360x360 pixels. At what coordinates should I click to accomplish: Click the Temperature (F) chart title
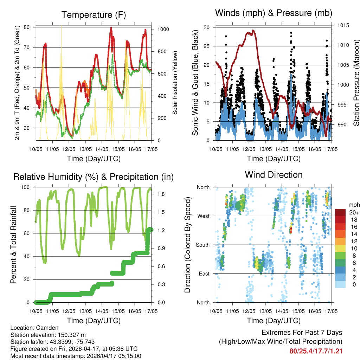coord(94,15)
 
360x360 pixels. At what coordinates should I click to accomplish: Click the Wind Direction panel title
coord(274,175)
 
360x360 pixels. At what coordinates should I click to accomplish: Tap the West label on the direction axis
coord(203,216)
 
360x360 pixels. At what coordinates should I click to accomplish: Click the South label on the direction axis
coord(202,245)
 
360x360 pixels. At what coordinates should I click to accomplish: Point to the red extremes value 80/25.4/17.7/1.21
coord(316,351)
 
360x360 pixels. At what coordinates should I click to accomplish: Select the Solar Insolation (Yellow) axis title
coord(175,83)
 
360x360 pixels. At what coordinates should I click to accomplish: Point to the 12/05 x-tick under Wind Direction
coord(249,311)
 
